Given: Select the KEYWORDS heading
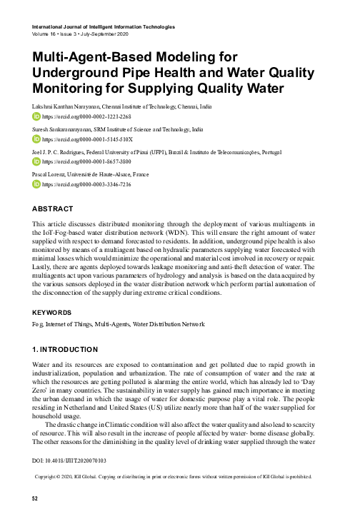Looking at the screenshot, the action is (51, 312).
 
